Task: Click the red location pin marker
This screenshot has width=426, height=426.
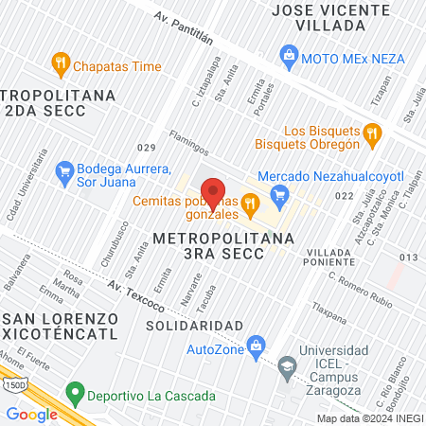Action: tap(215, 194)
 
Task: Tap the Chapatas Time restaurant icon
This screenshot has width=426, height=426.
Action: tap(61, 65)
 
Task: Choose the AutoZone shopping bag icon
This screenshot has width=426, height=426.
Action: tap(255, 346)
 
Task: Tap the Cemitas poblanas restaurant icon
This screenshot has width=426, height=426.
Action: tap(250, 201)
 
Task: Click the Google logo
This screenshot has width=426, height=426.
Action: tap(31, 414)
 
